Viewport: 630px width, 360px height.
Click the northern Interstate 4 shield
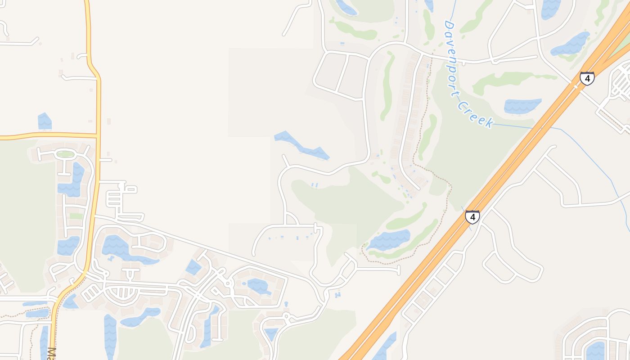pos(587,78)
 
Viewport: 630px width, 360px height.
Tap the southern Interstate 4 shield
pos(472,217)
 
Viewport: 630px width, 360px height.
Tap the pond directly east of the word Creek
pos(522,106)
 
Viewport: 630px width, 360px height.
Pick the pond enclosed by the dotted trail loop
pos(390,240)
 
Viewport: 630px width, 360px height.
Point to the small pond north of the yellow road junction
pos(45,121)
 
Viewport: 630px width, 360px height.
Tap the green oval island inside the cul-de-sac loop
pos(66,154)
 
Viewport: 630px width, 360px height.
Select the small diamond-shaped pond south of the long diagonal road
pos(193,267)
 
